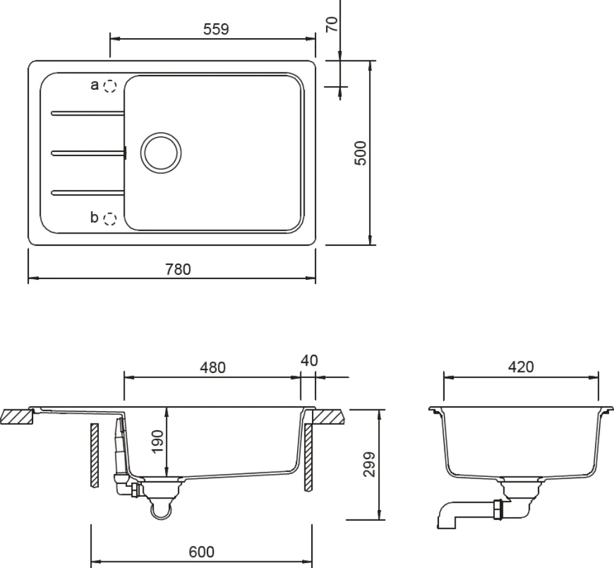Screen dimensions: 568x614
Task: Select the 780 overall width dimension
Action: (x=178, y=269)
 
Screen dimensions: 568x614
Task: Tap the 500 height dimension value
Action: (x=361, y=152)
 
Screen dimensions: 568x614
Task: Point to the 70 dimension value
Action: (x=332, y=25)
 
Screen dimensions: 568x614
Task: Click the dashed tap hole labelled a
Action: (x=110, y=85)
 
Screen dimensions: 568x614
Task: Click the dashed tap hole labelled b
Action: (x=110, y=218)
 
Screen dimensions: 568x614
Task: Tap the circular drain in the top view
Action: (x=161, y=152)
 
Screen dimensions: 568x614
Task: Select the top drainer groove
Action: (x=88, y=112)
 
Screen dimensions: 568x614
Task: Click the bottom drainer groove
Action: (x=88, y=192)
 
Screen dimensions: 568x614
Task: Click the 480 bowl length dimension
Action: (x=213, y=368)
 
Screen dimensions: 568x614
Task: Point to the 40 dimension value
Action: (x=309, y=360)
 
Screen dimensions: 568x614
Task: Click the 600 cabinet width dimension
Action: (x=201, y=552)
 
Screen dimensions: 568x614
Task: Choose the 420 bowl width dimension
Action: (x=521, y=367)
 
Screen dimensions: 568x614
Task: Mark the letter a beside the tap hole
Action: (x=95, y=85)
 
